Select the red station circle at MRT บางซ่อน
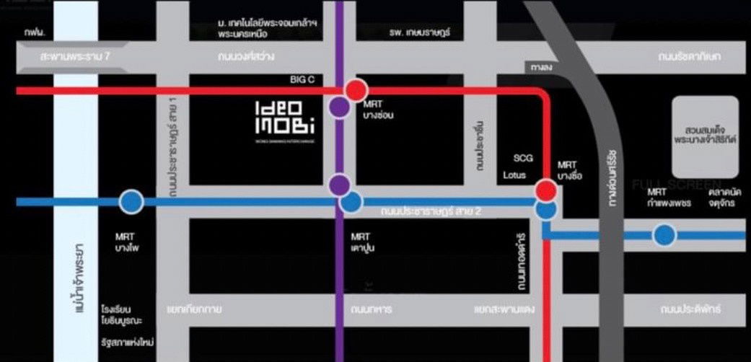355,90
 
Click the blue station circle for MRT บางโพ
131,202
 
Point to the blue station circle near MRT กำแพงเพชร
664,234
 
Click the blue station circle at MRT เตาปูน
351,203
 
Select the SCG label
523,158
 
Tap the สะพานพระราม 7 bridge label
63,56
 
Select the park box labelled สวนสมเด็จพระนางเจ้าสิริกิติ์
705,136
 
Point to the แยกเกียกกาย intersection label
194,309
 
